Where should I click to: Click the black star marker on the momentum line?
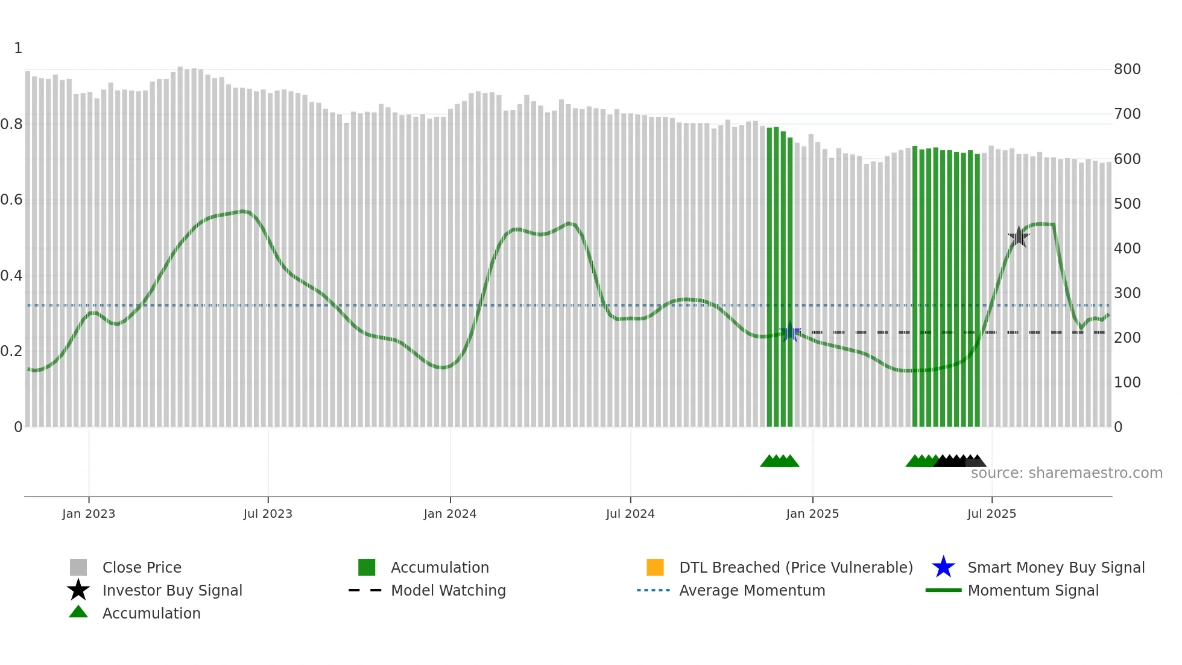point(1019,237)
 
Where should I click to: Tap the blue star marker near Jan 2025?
point(789,332)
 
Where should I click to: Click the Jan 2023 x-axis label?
point(89,514)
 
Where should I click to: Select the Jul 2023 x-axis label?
point(268,514)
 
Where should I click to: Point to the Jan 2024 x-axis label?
point(450,514)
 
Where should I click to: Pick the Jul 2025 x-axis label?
point(991,514)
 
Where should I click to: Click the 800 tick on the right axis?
point(1127,69)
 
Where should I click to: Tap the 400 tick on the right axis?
point(1127,248)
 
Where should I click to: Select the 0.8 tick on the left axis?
point(11,124)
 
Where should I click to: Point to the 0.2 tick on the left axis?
point(11,351)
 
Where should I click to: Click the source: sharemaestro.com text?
point(1066,473)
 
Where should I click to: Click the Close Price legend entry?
point(142,567)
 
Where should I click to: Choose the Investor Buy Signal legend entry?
point(172,590)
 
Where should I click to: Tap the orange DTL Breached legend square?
point(655,567)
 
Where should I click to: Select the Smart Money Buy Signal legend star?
point(943,567)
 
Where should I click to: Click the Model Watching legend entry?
point(448,590)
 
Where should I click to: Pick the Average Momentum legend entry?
point(752,590)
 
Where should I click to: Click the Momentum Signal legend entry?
point(1033,590)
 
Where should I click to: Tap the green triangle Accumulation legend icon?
point(78,612)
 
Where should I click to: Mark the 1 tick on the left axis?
point(18,48)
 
